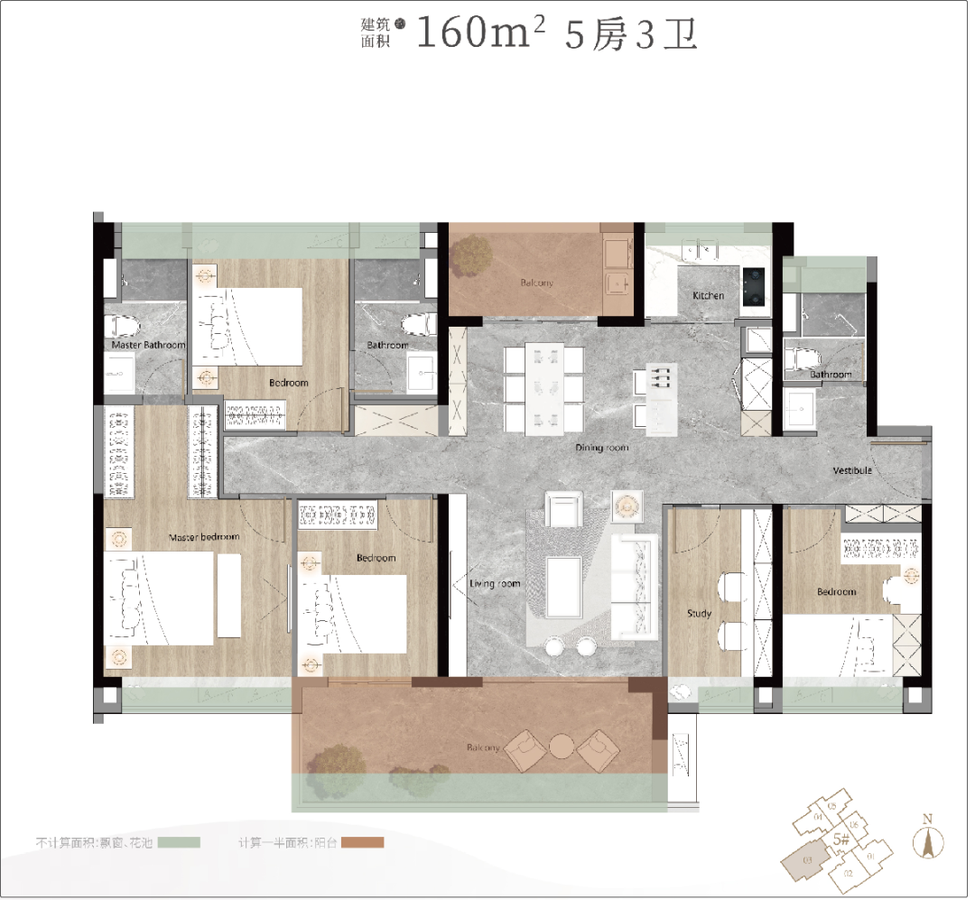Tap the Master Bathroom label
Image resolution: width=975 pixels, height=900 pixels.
(148, 345)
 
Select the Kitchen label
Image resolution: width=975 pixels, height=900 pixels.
(709, 295)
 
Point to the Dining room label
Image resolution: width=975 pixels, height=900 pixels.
(602, 448)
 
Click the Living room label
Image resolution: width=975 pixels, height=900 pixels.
(495, 584)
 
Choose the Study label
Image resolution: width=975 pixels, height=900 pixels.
(699, 613)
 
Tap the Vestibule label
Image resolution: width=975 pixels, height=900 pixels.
(851, 470)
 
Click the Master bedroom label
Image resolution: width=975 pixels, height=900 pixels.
(204, 537)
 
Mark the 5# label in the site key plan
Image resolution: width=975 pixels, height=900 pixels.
(841, 839)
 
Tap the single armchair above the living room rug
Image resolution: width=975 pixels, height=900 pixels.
(564, 510)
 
